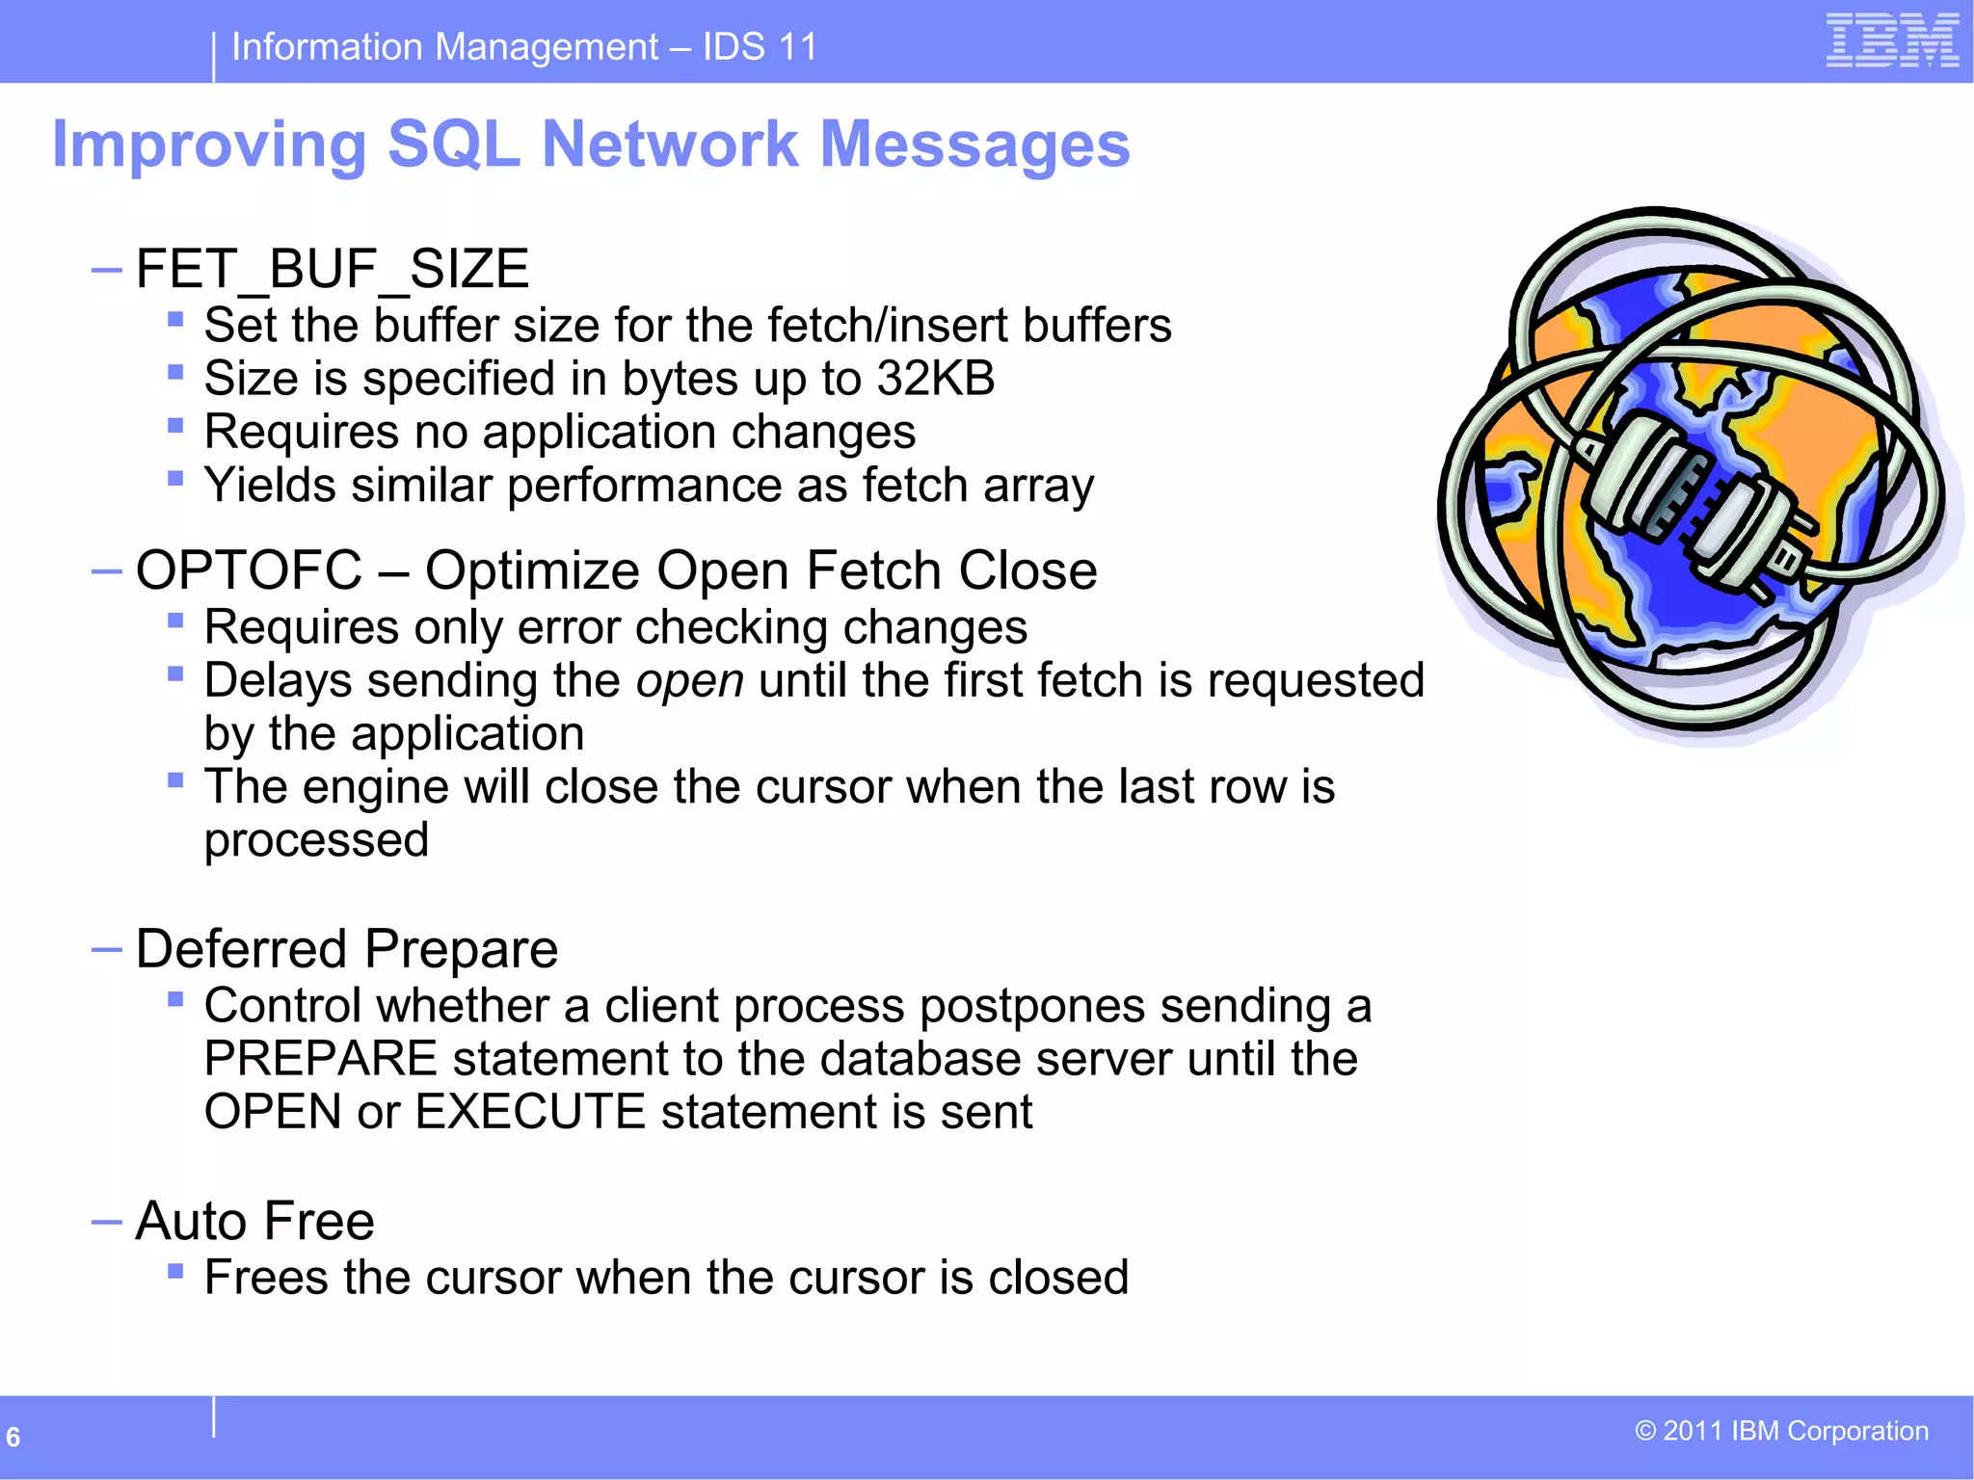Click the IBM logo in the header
coord(1891,40)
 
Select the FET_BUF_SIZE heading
coord(332,269)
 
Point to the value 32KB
coord(935,379)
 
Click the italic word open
coord(689,682)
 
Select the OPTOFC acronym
coord(249,570)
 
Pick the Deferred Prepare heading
coord(346,949)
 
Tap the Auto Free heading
coord(254,1222)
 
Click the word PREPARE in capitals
coord(320,1059)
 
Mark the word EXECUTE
coord(529,1112)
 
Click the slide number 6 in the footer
coord(13,1437)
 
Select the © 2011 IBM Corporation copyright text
coord(1781,1431)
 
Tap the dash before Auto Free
coord(106,1222)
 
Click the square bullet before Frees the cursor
coord(175,1272)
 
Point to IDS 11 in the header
coord(759,46)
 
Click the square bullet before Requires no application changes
coord(175,425)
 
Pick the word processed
coord(316,841)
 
